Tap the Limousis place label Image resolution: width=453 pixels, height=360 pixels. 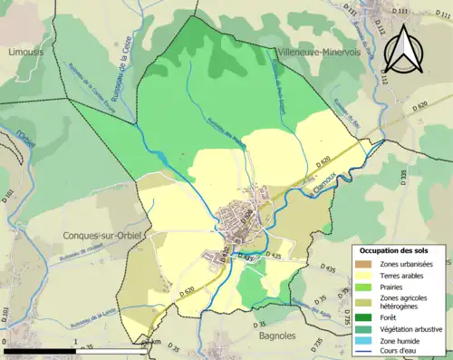pyautogui.click(x=27, y=53)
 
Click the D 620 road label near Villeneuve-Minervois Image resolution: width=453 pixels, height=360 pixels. pyautogui.click(x=418, y=108)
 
